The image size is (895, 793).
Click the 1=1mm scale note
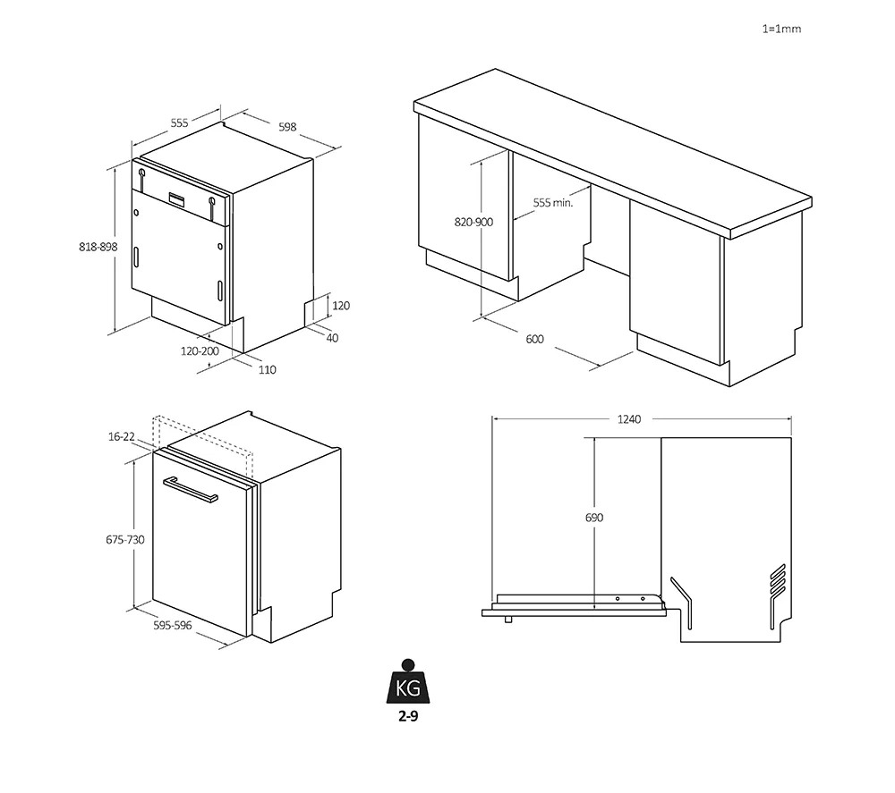tap(781, 29)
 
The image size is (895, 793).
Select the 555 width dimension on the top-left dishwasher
tap(179, 123)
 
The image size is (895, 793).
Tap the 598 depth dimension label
tap(287, 127)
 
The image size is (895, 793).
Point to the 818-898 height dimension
tap(98, 247)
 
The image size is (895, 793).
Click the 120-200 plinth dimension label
tap(200, 351)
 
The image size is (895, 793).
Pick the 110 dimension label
tap(267, 370)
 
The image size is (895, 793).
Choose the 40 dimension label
tap(332, 338)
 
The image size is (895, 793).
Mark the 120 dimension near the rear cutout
tap(341, 306)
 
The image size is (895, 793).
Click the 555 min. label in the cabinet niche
tap(552, 202)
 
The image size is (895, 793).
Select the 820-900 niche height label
tap(473, 223)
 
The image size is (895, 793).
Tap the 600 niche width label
tap(535, 339)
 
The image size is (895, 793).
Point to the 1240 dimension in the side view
tap(629, 419)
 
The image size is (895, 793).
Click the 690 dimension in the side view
tap(594, 518)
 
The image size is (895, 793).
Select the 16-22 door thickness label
tap(122, 436)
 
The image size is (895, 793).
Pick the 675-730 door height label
tap(125, 539)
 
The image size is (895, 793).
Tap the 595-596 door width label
tap(173, 626)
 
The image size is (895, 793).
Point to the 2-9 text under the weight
tap(408, 717)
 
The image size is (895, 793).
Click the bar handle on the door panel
tap(190, 490)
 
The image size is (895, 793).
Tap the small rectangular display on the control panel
tap(177, 198)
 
